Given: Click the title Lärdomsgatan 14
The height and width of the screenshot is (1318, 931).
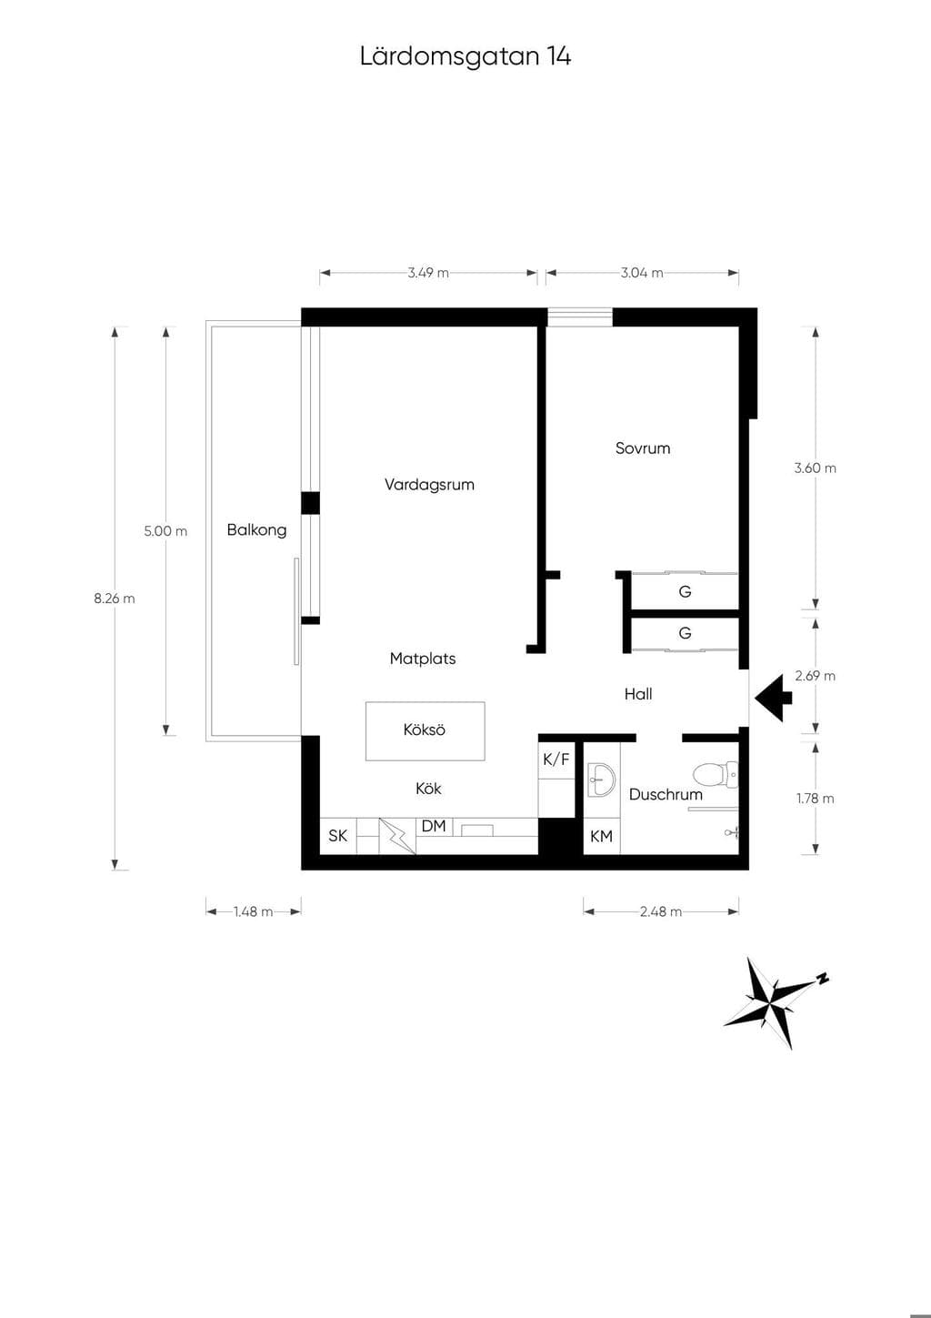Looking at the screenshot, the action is click(465, 57).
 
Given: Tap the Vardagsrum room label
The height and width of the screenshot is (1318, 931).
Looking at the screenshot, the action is click(429, 486).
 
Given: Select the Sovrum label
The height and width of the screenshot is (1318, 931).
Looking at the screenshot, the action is click(643, 448).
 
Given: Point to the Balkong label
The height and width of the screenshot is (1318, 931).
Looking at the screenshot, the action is click(257, 530).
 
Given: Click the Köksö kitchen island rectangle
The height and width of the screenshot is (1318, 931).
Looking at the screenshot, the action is click(425, 730).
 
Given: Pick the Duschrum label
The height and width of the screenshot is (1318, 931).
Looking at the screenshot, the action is click(666, 795).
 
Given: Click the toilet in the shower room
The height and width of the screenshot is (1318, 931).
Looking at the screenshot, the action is click(716, 775).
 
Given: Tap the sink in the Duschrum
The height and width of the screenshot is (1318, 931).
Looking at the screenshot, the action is click(600, 780).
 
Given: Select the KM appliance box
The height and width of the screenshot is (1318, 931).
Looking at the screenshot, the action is click(601, 836).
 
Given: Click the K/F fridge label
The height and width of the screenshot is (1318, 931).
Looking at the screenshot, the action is click(556, 760).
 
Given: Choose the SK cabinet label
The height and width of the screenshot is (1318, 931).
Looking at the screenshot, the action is click(337, 836).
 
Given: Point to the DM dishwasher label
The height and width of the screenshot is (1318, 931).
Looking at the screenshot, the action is click(434, 826).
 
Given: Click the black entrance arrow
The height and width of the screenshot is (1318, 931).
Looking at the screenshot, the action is click(774, 698).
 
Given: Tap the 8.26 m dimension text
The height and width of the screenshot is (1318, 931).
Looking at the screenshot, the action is click(114, 599).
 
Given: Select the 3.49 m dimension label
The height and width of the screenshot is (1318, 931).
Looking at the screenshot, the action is click(428, 273).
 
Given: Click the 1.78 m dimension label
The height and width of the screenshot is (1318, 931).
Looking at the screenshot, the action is click(816, 799).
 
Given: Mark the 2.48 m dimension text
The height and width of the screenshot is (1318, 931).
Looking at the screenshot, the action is click(661, 912).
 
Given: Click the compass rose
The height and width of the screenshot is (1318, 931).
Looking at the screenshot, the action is click(776, 1003).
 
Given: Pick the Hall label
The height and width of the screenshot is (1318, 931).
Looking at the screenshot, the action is click(638, 695).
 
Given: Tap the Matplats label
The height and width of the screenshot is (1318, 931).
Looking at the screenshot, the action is click(423, 659).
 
